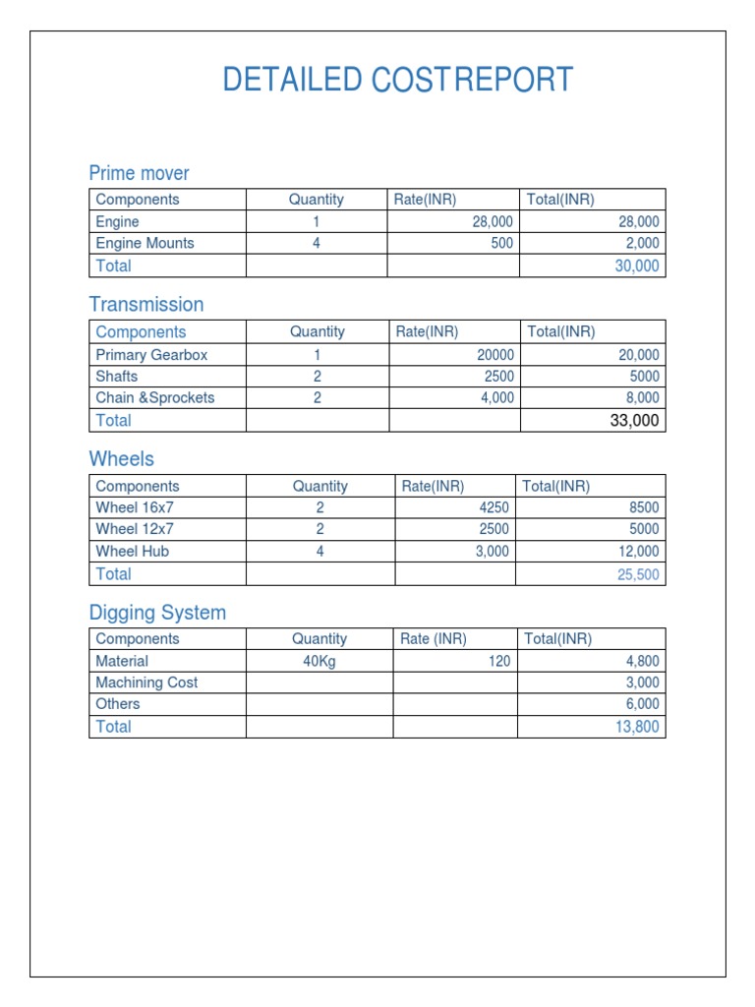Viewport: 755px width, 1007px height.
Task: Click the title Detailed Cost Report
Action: (397, 80)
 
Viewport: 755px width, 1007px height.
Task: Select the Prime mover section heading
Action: (139, 174)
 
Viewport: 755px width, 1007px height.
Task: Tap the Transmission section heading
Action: (146, 305)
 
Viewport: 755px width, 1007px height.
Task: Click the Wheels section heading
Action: (121, 459)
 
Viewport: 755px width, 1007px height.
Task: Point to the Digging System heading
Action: (157, 613)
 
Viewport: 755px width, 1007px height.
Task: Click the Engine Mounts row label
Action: (145, 243)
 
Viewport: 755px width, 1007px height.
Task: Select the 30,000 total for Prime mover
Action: (637, 266)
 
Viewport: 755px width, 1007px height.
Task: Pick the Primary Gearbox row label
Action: (151, 355)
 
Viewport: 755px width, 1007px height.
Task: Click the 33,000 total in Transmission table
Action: (635, 421)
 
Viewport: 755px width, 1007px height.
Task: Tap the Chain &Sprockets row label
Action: (154, 398)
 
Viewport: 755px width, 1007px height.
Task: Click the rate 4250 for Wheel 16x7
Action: (493, 508)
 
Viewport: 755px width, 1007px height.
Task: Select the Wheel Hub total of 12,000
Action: (638, 552)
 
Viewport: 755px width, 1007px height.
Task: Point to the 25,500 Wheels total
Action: (638, 574)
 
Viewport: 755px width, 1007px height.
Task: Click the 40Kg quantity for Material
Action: (319, 662)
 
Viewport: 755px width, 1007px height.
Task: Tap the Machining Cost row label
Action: (146, 682)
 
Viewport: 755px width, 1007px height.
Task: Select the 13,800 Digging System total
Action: (638, 727)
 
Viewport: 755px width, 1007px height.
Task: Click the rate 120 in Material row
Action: (499, 662)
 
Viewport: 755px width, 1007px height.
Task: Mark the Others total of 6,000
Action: (642, 704)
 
